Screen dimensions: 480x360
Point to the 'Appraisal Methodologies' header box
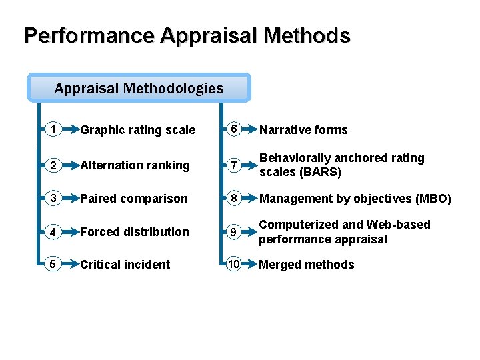pyautogui.click(x=139, y=88)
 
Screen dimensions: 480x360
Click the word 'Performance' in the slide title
pyautogui.click(x=89, y=35)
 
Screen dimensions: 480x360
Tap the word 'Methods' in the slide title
pyautogui.click(x=307, y=35)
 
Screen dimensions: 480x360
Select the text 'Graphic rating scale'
pyautogui.click(x=138, y=130)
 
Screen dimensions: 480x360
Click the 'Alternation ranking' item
pyautogui.click(x=135, y=165)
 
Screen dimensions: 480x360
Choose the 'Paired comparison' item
pyautogui.click(x=134, y=199)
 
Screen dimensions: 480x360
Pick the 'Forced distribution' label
pyautogui.click(x=135, y=232)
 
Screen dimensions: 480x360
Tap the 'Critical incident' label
pyautogui.click(x=125, y=265)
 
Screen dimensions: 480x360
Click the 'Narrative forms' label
pyautogui.click(x=303, y=130)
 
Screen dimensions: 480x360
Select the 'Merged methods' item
pyautogui.click(x=307, y=265)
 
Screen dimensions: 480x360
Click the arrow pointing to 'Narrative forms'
pyautogui.click(x=249, y=129)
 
